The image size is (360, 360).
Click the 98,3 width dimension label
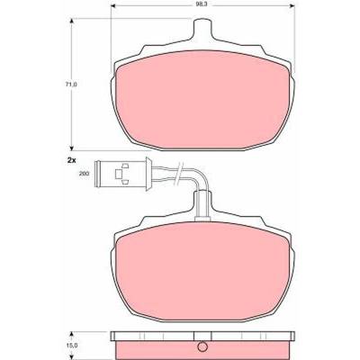click(202, 4)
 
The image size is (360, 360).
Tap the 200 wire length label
click(84, 174)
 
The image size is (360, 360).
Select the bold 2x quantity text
click(71, 160)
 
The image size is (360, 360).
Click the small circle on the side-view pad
click(202, 346)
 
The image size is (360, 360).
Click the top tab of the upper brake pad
click(202, 29)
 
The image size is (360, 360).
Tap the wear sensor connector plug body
click(122, 174)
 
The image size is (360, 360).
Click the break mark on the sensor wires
click(178, 174)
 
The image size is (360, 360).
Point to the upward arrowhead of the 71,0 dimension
click(71, 21)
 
